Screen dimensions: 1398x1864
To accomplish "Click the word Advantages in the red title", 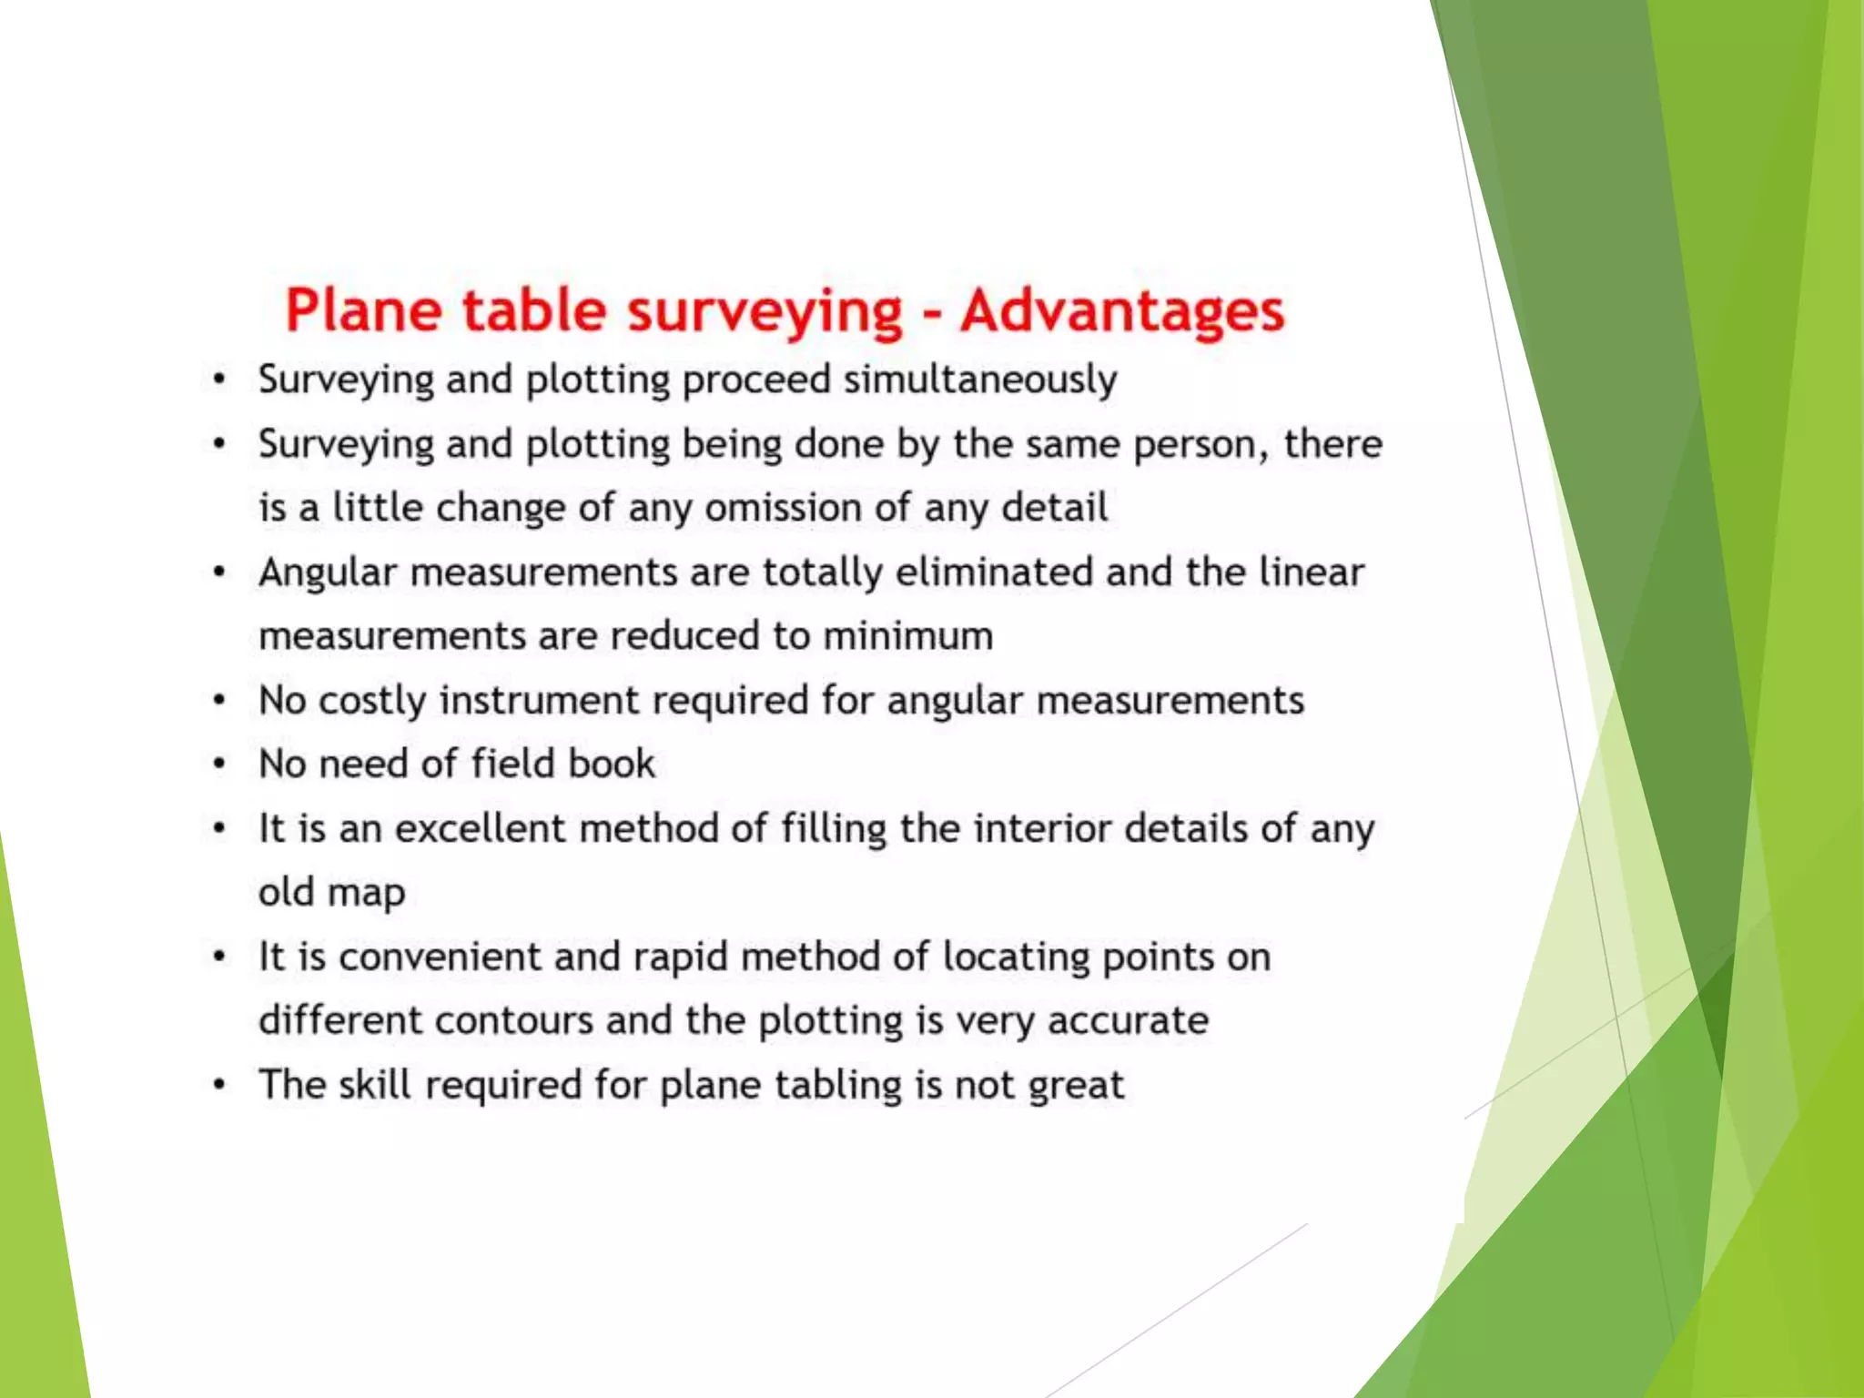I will (x=1122, y=310).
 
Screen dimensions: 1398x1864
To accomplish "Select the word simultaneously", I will (x=980, y=380).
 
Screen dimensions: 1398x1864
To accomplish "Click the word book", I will (x=611, y=764).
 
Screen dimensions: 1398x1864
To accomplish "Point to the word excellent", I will (x=480, y=828).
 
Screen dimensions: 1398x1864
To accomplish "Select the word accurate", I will (x=1128, y=1020).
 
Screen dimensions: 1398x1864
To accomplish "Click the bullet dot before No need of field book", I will (x=218, y=765).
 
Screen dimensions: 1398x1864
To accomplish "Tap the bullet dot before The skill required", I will (x=218, y=1085).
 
